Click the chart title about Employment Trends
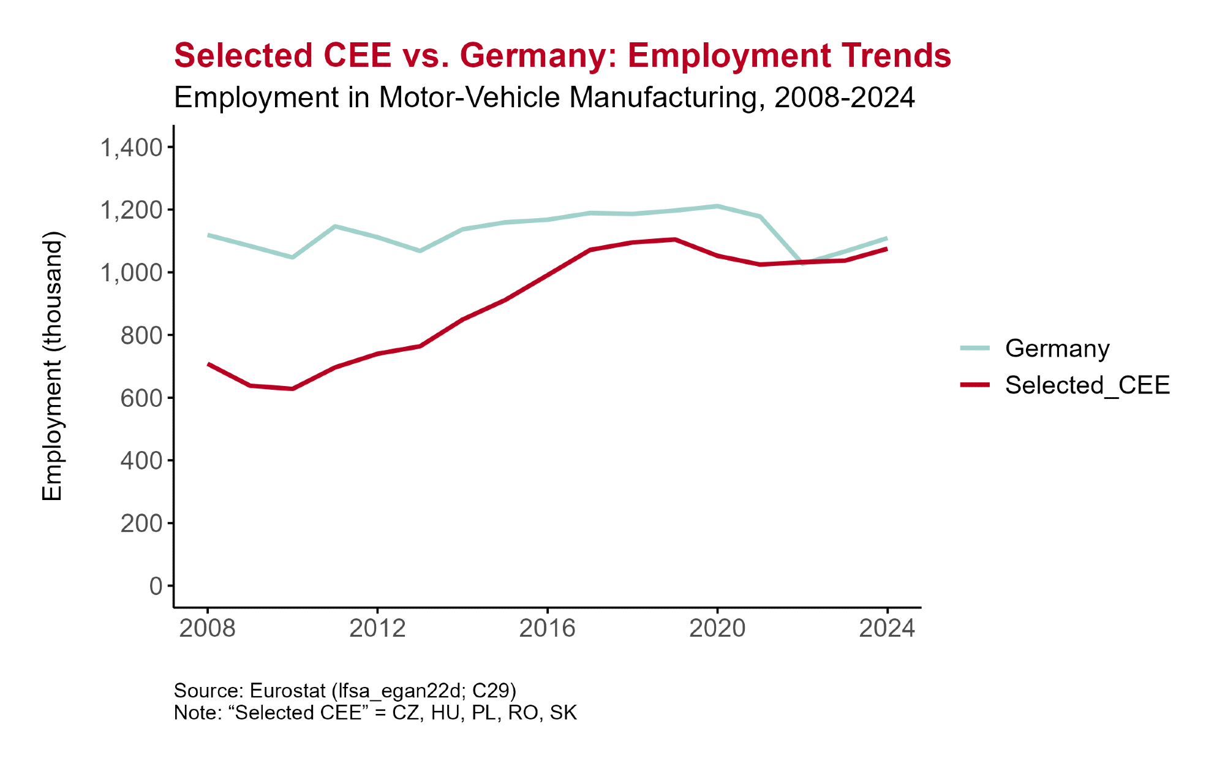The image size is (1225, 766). pyautogui.click(x=562, y=56)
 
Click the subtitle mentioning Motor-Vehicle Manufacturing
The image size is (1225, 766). pyautogui.click(x=544, y=97)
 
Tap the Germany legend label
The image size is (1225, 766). pyautogui.click(x=1057, y=349)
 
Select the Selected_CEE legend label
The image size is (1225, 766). pyautogui.click(x=1087, y=385)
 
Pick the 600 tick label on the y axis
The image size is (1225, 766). pyautogui.click(x=141, y=398)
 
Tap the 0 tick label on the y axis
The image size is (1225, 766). pyautogui.click(x=156, y=586)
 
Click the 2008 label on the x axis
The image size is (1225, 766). pyautogui.click(x=208, y=628)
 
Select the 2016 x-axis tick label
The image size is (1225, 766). pyautogui.click(x=547, y=628)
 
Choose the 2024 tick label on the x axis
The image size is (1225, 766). pyautogui.click(x=887, y=628)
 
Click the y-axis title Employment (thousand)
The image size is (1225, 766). pyautogui.click(x=53, y=366)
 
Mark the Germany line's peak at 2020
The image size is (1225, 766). pyautogui.click(x=717, y=206)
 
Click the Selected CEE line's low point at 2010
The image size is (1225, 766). pyautogui.click(x=293, y=389)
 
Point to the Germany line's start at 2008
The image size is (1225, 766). pyautogui.click(x=208, y=235)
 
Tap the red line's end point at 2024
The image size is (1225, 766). pyautogui.click(x=886, y=249)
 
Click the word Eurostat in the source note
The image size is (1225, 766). pyautogui.click(x=287, y=691)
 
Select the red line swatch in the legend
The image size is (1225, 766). pyautogui.click(x=974, y=385)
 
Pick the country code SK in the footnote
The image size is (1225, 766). pyautogui.click(x=563, y=713)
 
